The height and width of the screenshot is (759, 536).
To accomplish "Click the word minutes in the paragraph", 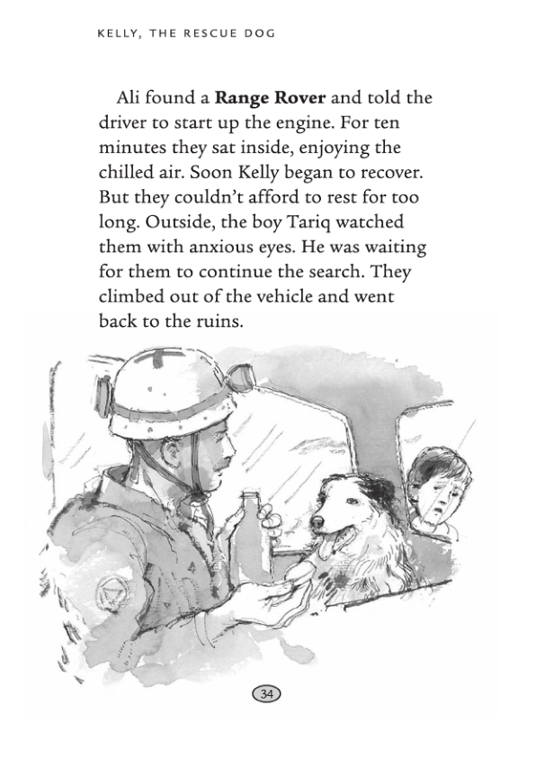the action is pos(145,147).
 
